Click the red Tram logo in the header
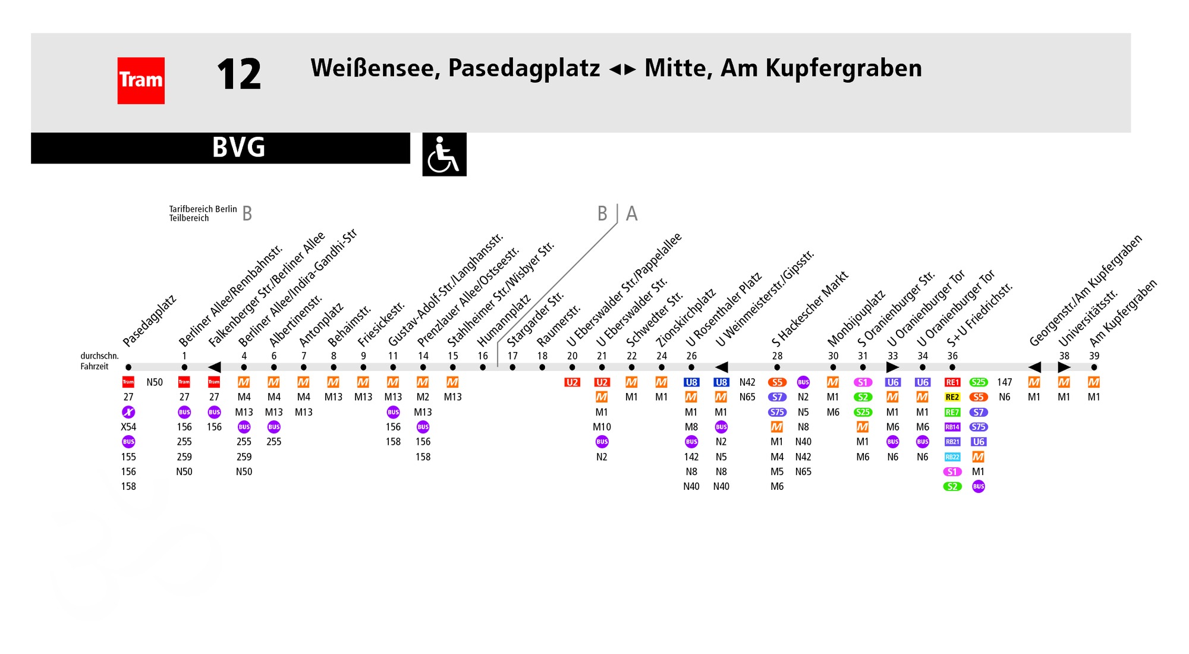(141, 80)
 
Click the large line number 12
(238, 74)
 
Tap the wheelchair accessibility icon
(444, 154)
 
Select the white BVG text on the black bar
(238, 147)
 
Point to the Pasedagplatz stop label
(149, 321)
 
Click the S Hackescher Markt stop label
(810, 309)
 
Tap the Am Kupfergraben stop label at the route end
(1123, 313)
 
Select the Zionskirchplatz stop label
(685, 318)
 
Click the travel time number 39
(1094, 356)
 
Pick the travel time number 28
(777, 356)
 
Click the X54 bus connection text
(128, 427)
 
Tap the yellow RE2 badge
(952, 397)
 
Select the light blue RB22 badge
(952, 457)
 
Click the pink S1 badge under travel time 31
(863, 382)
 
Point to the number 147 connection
(1005, 382)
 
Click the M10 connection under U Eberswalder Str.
(602, 427)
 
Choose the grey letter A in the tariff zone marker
(631, 213)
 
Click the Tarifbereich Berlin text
(203, 209)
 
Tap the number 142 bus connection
(691, 457)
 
